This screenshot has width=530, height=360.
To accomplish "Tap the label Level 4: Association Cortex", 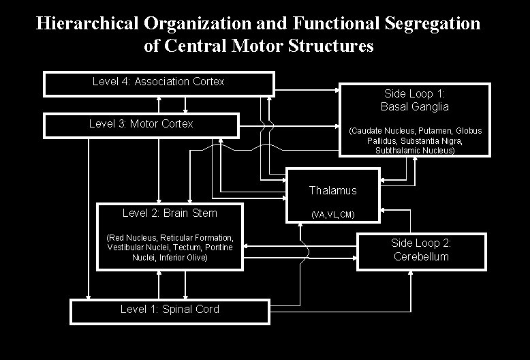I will point(158,82).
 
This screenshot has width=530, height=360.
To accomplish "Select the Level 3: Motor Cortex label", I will point(141,124).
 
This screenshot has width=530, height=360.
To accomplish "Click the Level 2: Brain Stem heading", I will point(170,213).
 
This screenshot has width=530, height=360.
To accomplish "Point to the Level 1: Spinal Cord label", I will point(170,310).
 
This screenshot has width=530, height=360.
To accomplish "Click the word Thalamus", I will point(332,191).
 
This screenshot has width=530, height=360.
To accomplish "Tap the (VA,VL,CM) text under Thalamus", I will point(332,215).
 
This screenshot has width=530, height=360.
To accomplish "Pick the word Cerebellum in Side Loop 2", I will point(421,257).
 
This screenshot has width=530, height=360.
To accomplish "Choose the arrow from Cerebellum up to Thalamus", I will point(411,222).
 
